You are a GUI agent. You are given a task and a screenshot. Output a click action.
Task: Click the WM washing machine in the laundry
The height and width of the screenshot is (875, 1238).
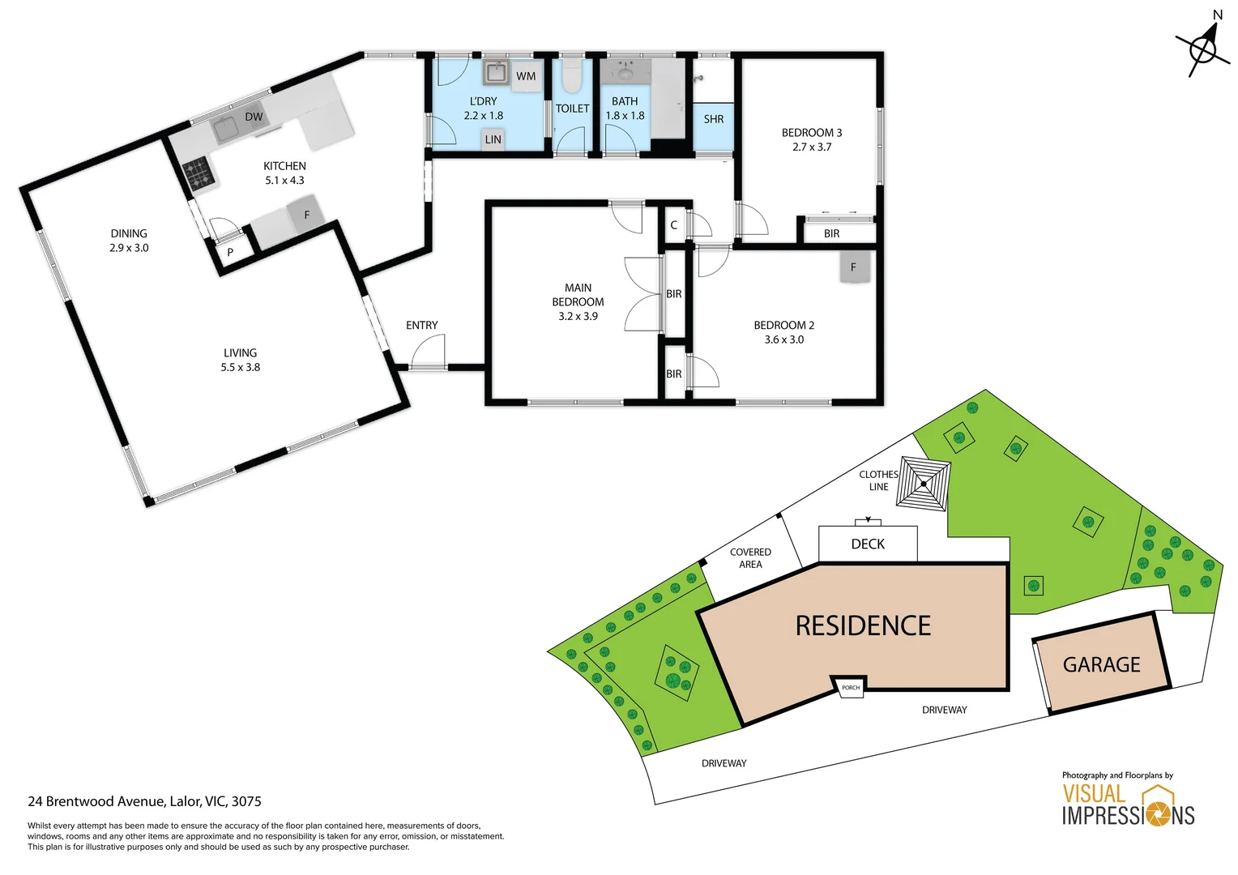pos(526,75)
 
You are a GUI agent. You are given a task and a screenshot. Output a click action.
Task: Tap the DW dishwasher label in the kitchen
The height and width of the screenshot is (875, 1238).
pos(254,117)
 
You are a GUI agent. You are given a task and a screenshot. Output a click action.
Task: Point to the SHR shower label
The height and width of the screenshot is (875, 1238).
pos(714,119)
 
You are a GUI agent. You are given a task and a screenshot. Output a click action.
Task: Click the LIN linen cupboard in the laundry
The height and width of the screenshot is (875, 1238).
pos(493,139)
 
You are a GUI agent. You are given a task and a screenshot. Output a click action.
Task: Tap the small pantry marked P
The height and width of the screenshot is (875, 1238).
pos(230,252)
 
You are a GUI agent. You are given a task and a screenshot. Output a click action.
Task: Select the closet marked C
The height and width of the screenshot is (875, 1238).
pos(674,225)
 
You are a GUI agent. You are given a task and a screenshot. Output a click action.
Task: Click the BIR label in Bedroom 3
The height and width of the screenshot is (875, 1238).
pos(831,233)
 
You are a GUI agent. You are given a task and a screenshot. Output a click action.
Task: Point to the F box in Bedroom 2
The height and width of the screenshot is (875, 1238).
pos(855,267)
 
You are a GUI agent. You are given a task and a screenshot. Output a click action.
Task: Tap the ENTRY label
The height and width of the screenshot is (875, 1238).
pos(421,325)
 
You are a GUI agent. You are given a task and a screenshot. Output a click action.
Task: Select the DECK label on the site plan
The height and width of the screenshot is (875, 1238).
pos(868,544)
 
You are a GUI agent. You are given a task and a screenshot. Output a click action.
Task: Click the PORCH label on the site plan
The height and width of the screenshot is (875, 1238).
pos(851,688)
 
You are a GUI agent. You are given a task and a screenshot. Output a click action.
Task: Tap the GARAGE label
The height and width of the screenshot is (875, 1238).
pos(1102,664)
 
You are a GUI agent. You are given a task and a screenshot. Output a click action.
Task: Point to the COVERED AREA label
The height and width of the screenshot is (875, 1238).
pos(750,557)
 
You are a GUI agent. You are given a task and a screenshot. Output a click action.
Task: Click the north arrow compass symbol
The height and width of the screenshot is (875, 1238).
pos(1204,49)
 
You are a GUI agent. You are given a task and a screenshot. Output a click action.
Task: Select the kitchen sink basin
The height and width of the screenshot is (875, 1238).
pos(225,130)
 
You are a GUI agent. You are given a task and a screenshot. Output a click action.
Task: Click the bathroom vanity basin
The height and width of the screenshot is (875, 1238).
pos(625,72)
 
